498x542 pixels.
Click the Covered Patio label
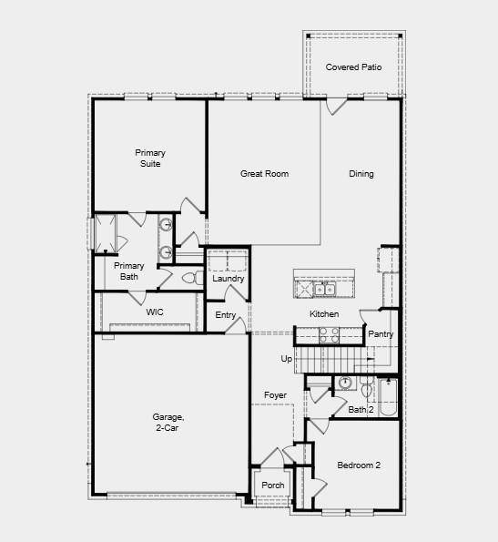(353, 67)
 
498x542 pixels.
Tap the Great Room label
(264, 173)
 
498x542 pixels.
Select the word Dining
(361, 174)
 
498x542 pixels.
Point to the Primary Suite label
(150, 158)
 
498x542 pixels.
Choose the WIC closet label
(155, 312)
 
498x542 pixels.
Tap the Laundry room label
(228, 279)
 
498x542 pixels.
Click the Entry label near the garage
(226, 315)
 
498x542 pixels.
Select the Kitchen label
(324, 314)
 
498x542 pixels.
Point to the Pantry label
(381, 334)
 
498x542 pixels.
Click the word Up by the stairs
(286, 359)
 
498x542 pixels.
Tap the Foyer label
(276, 394)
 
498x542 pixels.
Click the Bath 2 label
(361, 410)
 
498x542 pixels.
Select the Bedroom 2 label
(359, 465)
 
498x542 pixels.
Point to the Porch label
(272, 486)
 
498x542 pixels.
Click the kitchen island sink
(325, 291)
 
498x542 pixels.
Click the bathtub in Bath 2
(387, 397)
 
